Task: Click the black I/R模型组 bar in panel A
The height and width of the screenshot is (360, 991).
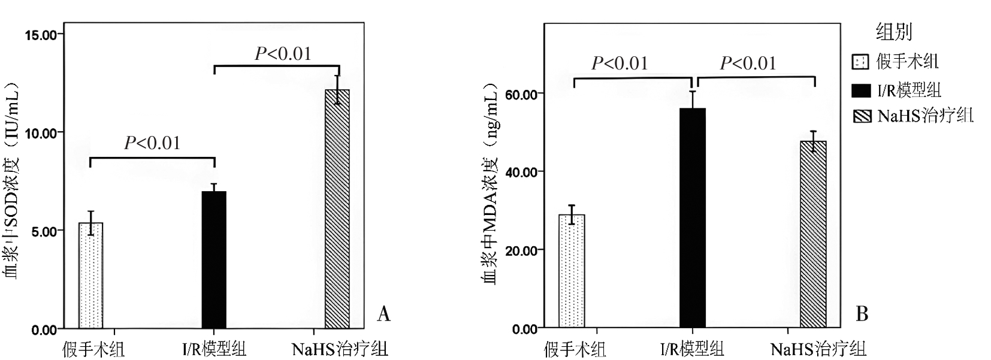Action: (x=214, y=260)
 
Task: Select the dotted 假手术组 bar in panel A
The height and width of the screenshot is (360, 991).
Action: (x=90, y=276)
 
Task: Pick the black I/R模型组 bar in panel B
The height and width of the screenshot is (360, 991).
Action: (x=692, y=218)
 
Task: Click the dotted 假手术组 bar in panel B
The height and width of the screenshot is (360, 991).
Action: (x=572, y=271)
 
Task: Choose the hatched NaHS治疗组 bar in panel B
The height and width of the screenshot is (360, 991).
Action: (x=813, y=234)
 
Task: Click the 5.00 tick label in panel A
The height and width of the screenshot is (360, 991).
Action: (x=43, y=231)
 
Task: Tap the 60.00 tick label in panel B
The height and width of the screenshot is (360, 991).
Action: (x=521, y=94)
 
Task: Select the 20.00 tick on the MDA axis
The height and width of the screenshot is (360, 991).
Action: (x=521, y=250)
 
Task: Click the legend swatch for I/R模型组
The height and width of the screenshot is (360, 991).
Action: (x=862, y=90)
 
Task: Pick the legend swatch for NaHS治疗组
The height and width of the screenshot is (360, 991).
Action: (x=862, y=116)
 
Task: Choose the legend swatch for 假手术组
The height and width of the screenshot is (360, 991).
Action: (x=861, y=62)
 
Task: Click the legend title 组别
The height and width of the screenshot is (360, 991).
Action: (x=893, y=32)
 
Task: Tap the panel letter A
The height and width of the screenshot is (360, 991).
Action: (x=383, y=314)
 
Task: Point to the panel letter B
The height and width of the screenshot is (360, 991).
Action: (x=862, y=314)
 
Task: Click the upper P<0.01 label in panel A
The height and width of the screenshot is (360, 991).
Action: (x=283, y=54)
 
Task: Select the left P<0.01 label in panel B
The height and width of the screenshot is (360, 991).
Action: (x=620, y=63)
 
